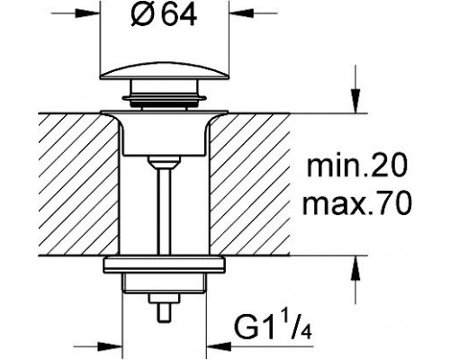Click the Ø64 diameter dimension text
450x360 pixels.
click(x=164, y=15)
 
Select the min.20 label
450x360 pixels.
click(x=357, y=166)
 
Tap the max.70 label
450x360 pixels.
click(x=356, y=203)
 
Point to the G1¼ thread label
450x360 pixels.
click(x=273, y=328)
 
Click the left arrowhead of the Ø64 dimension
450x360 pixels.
click(x=87, y=13)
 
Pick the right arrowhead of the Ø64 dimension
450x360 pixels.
click(x=242, y=13)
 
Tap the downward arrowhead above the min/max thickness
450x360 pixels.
click(x=355, y=101)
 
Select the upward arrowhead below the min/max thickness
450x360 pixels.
click(x=355, y=268)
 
